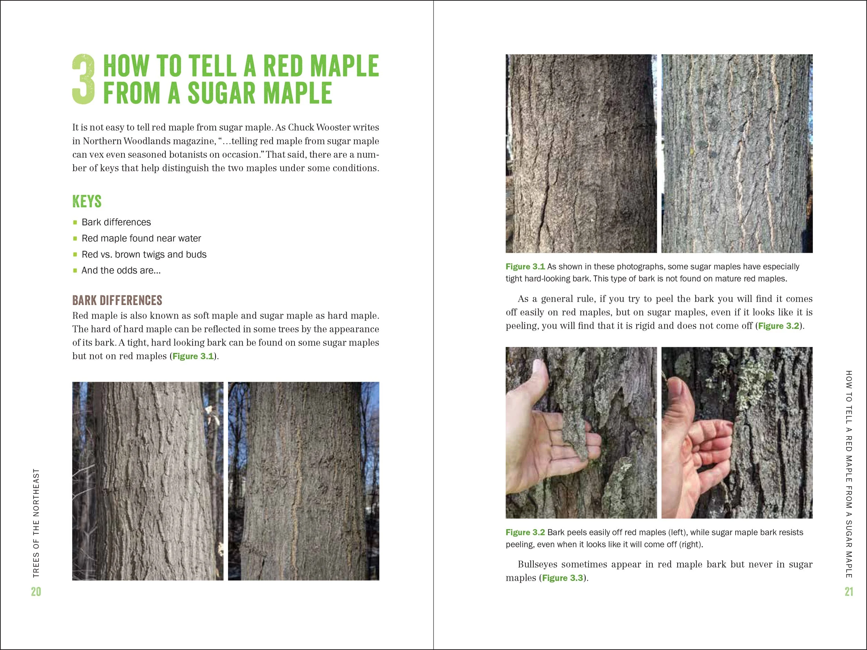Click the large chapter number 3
84,79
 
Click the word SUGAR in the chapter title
220,93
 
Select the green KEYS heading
87,201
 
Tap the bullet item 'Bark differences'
116,222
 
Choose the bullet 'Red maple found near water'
141,238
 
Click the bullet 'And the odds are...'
121,270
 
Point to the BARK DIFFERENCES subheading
117,300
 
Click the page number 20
36,592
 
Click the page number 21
849,592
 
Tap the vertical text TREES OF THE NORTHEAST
36,523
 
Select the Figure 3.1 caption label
525,267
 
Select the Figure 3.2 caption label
525,532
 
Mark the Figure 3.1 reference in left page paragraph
193,356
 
